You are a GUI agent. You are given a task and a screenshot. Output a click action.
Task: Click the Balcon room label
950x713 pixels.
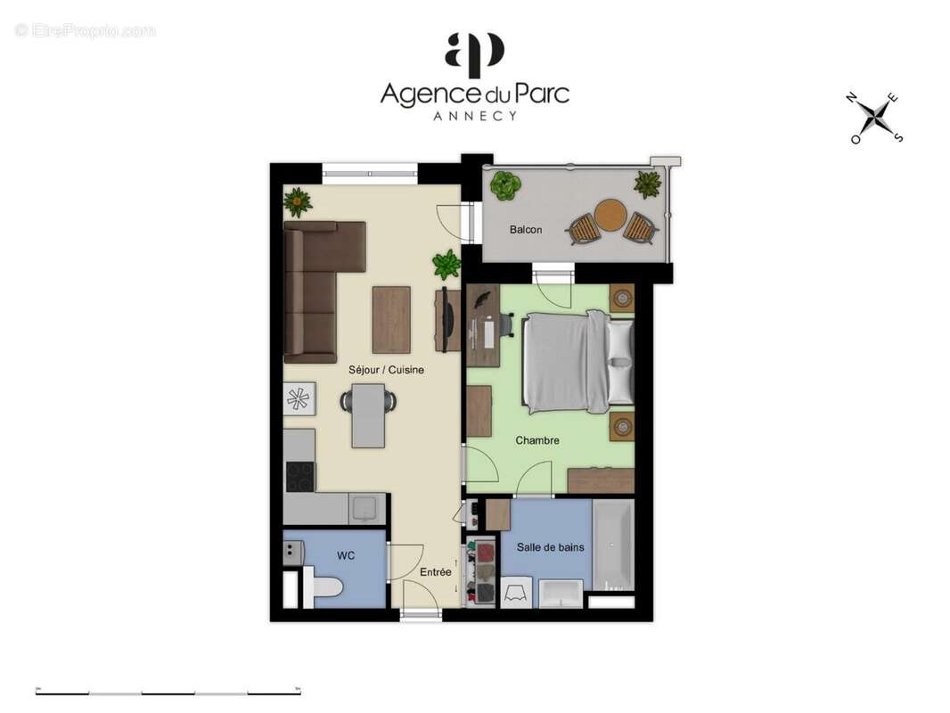click(525, 230)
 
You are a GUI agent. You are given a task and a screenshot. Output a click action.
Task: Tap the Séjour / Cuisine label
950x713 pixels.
click(386, 369)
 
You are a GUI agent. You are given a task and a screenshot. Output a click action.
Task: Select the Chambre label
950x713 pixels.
click(537, 440)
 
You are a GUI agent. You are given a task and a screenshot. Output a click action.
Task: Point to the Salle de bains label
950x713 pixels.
click(551, 547)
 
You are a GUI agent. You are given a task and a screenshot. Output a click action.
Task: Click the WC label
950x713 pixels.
click(346, 556)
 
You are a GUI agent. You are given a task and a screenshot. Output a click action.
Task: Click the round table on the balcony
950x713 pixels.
click(610, 215)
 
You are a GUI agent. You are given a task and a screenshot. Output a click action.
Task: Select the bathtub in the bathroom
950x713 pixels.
click(613, 545)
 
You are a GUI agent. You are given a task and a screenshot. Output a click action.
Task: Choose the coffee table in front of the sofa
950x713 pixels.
click(391, 319)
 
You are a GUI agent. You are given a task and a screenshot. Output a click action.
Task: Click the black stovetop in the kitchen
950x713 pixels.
click(299, 476)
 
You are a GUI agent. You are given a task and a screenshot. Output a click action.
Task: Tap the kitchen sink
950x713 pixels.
click(364, 508)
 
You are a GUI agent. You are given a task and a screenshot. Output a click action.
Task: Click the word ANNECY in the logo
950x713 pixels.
click(474, 116)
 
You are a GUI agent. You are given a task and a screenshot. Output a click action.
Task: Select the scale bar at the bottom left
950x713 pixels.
click(168, 691)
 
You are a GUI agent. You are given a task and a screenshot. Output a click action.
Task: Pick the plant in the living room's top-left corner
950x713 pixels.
click(298, 201)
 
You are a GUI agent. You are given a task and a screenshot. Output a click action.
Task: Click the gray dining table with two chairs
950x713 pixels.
click(368, 414)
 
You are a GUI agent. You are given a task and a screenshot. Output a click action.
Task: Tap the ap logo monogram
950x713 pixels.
click(474, 54)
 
